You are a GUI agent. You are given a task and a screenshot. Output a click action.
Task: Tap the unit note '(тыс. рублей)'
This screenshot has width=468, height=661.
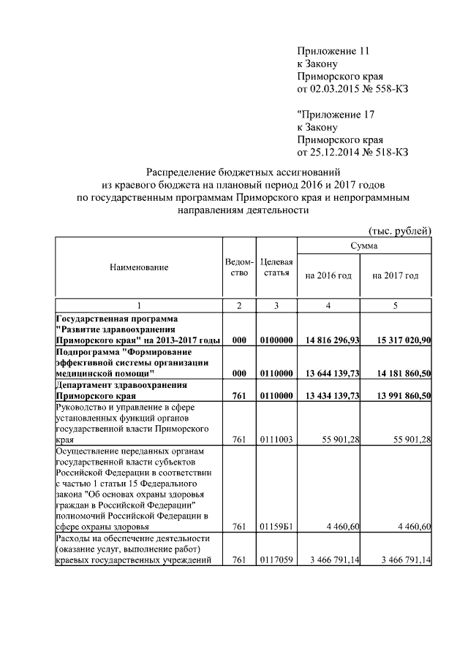click(x=400, y=232)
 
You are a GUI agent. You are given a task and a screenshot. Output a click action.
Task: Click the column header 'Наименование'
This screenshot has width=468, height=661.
click(x=139, y=267)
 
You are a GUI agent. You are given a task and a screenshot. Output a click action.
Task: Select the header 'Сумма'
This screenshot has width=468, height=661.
click(x=363, y=247)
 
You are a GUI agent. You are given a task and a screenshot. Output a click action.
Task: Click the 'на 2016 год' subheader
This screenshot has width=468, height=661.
click(x=328, y=275)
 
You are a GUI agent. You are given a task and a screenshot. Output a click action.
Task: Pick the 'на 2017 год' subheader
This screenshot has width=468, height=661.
click(x=395, y=275)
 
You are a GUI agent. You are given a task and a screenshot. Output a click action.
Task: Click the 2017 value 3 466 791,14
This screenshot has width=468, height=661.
click(x=400, y=560)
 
